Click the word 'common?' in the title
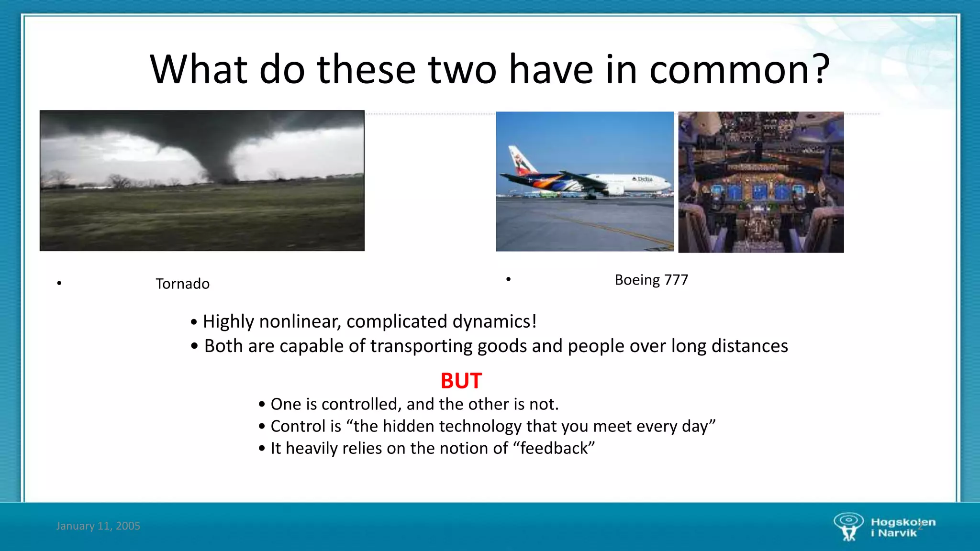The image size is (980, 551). (x=739, y=70)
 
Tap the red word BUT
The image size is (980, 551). (x=461, y=381)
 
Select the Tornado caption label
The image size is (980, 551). (x=182, y=284)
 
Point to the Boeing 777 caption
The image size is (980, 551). (x=651, y=280)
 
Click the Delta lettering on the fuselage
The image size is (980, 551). (x=644, y=179)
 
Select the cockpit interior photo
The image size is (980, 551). (x=761, y=182)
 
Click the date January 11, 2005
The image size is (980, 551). (x=98, y=526)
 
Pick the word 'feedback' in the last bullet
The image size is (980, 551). (x=554, y=448)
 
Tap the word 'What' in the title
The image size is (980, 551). (x=199, y=70)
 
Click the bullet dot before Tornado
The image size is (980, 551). (x=59, y=284)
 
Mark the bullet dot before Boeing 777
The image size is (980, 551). (x=508, y=279)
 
